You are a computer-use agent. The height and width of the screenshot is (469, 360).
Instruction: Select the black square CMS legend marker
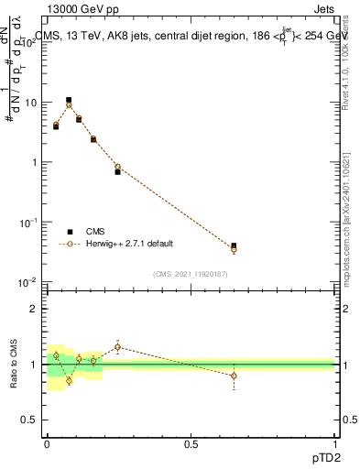point(69,232)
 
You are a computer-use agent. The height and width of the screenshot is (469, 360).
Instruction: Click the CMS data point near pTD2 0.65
point(234,245)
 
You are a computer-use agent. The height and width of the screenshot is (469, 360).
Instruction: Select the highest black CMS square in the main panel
point(69,100)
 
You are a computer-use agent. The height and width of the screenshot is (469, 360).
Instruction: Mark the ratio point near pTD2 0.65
point(234,376)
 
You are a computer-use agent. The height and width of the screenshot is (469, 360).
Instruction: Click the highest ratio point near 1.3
point(118,347)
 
